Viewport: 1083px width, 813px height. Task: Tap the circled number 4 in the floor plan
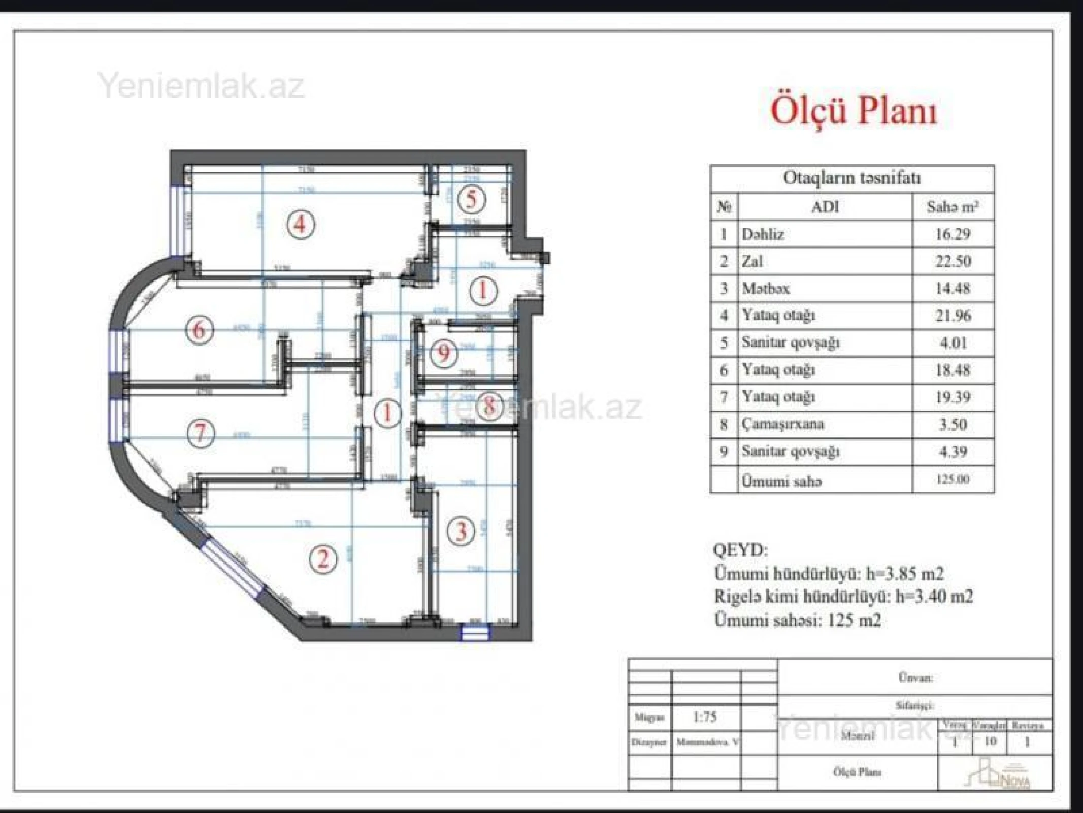(301, 224)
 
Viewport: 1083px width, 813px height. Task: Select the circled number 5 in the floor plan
(472, 199)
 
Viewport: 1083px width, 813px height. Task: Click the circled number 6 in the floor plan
(199, 330)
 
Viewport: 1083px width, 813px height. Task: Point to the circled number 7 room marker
(201, 433)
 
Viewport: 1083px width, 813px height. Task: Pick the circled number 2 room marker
(323, 558)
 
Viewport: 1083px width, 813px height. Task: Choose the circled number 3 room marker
(461, 531)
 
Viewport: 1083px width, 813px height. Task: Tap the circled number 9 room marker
(444, 352)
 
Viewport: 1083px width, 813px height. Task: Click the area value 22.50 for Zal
(953, 261)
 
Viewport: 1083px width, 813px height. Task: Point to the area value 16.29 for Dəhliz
(953, 234)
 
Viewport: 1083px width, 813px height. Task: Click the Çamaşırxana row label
(782, 424)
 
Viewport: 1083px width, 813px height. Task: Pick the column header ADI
(825, 207)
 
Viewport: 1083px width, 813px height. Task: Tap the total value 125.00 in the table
(953, 479)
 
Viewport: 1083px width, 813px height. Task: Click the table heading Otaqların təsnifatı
(851, 178)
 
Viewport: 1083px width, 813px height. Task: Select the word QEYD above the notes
(740, 550)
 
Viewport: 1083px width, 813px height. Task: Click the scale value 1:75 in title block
(705, 717)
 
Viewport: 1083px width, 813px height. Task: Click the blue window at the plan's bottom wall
(475, 633)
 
